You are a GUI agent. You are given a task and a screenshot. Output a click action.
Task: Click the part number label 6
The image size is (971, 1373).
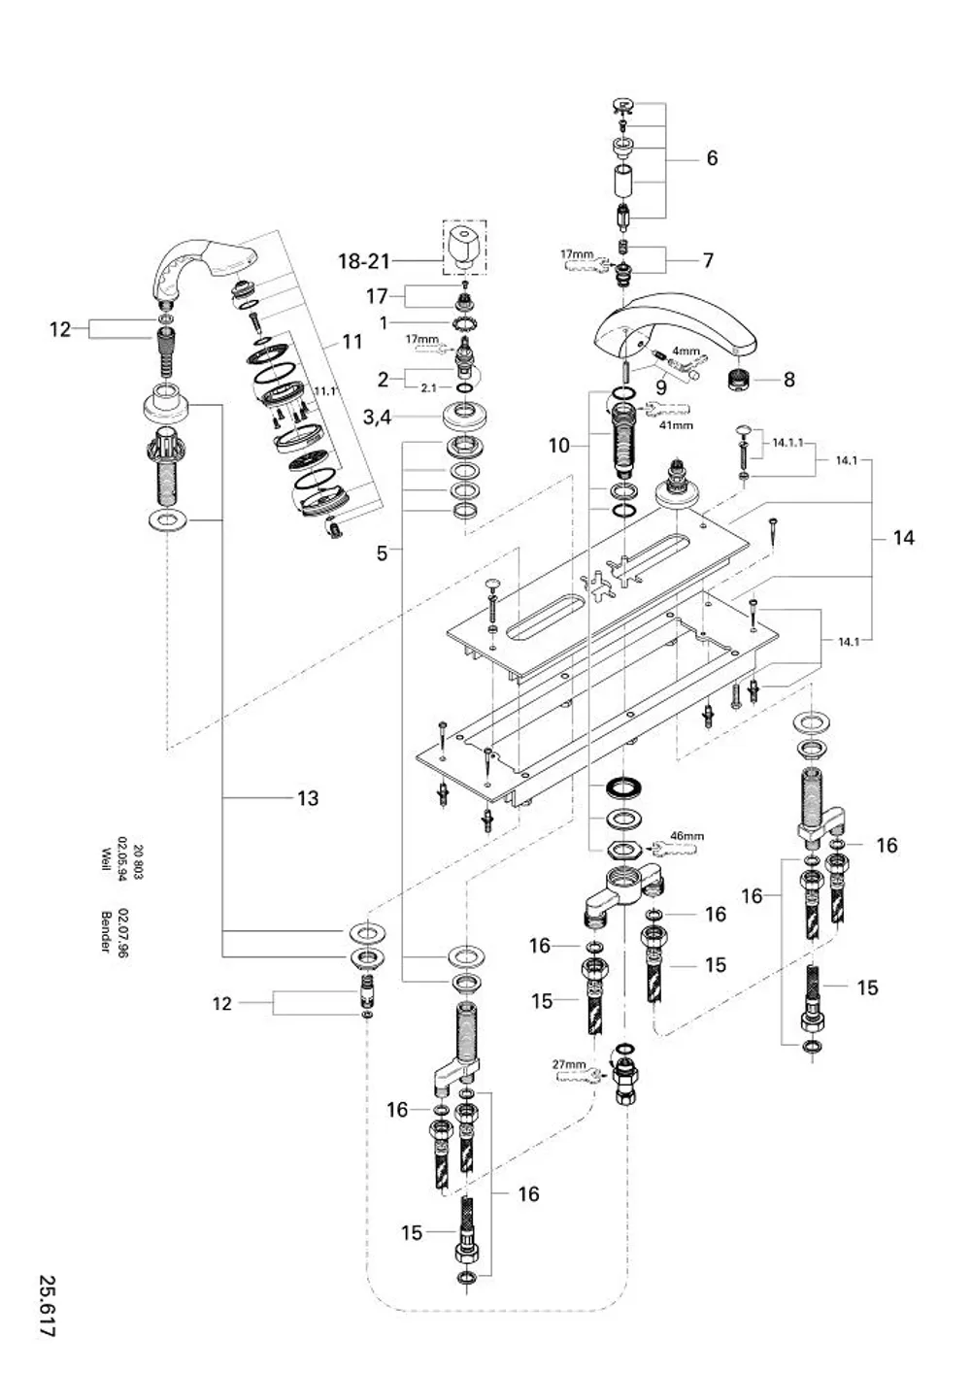(712, 158)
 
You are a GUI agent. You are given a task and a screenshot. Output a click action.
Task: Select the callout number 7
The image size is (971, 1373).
(709, 260)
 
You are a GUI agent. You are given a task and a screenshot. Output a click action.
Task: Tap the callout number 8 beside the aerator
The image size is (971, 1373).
(788, 380)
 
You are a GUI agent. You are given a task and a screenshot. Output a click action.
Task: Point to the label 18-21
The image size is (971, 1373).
(364, 262)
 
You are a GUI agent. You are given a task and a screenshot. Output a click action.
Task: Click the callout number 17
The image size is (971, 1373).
(377, 297)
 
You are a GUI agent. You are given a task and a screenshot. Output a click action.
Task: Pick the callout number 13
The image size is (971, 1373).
(308, 798)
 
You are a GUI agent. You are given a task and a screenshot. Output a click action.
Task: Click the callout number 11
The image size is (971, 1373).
(352, 342)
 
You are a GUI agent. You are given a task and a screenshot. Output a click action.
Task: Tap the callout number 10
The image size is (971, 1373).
(558, 446)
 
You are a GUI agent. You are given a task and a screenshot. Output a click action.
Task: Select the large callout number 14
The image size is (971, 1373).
(903, 538)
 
